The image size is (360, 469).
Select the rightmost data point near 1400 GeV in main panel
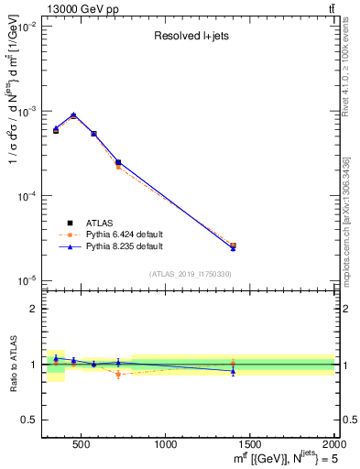click(233, 246)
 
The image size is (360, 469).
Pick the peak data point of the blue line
click(73, 115)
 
